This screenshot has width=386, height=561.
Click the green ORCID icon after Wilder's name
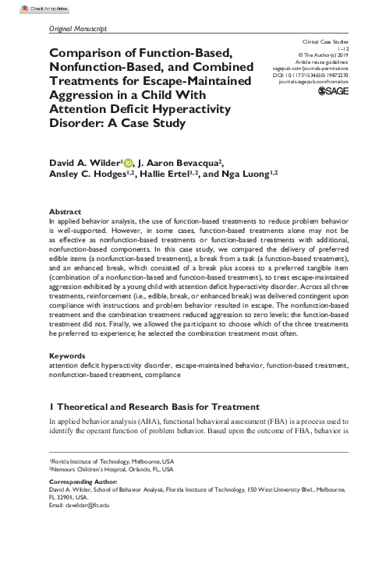tap(128, 162)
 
